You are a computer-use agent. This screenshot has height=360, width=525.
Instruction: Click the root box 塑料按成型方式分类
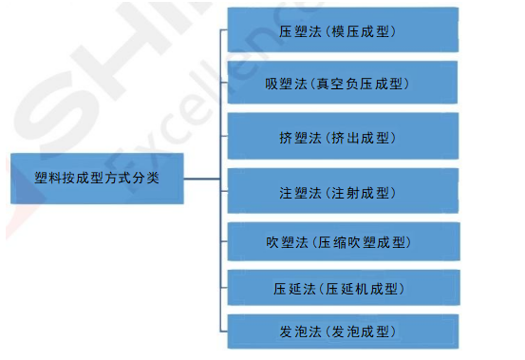coord(98,177)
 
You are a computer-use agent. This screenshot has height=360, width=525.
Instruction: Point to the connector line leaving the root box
coord(201,177)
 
